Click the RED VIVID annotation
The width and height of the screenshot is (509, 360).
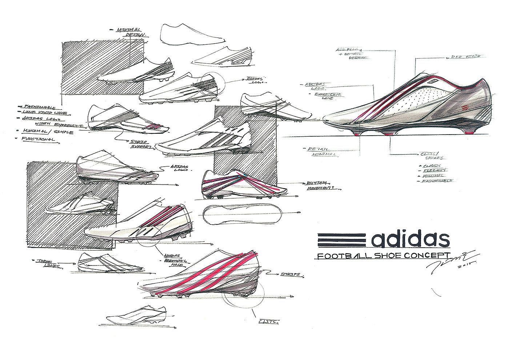click(465, 57)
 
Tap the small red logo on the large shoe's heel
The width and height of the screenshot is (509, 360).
click(467, 108)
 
